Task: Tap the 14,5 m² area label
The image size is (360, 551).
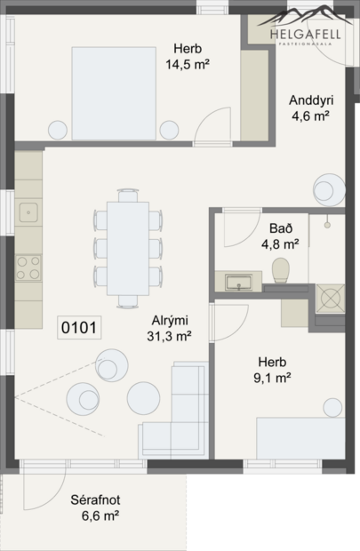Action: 187,64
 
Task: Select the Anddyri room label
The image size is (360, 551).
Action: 310,100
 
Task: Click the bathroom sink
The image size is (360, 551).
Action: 238,283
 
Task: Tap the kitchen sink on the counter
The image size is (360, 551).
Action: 28,212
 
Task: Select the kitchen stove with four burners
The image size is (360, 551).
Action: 28,264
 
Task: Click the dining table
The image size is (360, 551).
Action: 128,248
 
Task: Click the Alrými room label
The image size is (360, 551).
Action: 170,321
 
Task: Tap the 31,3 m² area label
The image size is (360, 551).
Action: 170,335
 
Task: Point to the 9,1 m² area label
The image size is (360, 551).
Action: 272,378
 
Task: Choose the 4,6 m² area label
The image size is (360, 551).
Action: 310,115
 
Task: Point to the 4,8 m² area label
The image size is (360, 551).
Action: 279,242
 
